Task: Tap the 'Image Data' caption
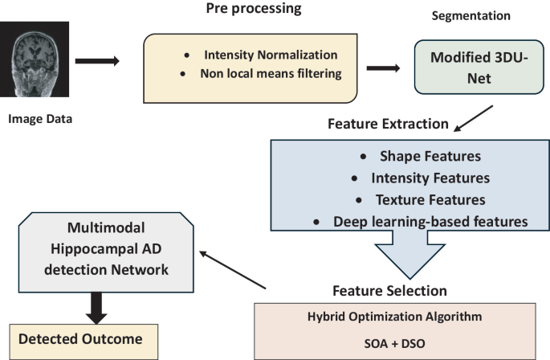pyautogui.click(x=40, y=121)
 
